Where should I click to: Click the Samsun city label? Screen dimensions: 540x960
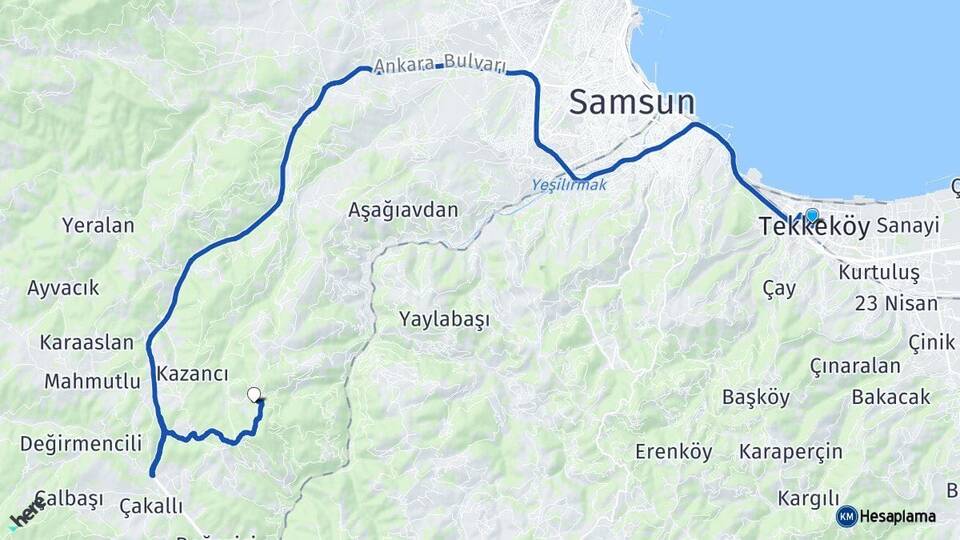coord(631,102)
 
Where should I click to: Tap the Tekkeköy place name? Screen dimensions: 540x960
coord(814,227)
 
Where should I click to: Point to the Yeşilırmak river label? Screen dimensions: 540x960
coord(569,185)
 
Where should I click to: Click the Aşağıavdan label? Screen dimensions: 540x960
coord(403,210)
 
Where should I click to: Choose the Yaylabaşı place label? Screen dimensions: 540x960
coord(444,320)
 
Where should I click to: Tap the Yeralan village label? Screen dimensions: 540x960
coord(98,225)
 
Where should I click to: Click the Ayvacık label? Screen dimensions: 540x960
coord(63,288)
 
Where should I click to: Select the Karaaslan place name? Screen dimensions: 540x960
coord(87,342)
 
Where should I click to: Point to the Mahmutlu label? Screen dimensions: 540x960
coord(92,381)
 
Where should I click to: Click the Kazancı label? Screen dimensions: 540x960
coord(193,374)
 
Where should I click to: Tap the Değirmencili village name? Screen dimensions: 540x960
coord(81,443)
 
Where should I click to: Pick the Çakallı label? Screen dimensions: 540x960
coord(151,505)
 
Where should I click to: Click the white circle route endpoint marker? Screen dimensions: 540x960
coord(253,394)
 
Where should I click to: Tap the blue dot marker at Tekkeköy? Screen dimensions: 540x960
coord(811,215)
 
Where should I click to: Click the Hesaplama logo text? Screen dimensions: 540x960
coord(897,516)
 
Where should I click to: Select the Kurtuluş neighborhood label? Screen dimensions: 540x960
coord(878,272)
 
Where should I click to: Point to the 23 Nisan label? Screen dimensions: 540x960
coord(897,303)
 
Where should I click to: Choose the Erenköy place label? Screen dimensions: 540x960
coord(674,452)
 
